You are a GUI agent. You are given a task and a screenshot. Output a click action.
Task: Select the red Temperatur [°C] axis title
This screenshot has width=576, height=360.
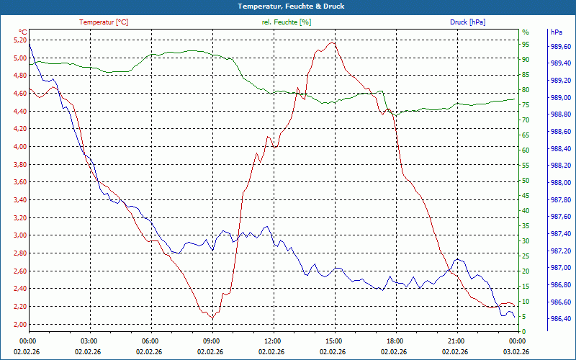(104, 22)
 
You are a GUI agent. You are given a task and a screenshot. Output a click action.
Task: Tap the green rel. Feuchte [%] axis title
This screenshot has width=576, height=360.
(287, 22)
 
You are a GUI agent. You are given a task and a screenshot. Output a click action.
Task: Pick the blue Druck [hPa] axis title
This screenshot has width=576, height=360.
(467, 22)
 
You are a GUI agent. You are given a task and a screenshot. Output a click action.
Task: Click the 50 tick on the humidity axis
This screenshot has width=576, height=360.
(525, 181)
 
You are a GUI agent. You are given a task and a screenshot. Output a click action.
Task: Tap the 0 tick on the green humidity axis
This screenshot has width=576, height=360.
(523, 331)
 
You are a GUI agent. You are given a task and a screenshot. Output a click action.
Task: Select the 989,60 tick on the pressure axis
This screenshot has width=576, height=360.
(561, 46)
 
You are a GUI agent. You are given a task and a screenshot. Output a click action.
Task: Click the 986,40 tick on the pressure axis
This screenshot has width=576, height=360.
(561, 318)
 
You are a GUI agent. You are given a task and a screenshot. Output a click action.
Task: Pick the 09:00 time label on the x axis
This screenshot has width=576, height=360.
(211, 341)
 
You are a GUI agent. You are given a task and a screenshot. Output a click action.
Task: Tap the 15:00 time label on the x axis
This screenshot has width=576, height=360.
(333, 341)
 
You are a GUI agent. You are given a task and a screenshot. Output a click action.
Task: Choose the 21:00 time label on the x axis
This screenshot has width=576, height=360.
(456, 341)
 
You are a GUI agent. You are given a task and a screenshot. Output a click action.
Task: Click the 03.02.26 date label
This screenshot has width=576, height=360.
(517, 351)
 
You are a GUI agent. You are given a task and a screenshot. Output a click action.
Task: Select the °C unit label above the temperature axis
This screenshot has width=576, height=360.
(23, 32)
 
